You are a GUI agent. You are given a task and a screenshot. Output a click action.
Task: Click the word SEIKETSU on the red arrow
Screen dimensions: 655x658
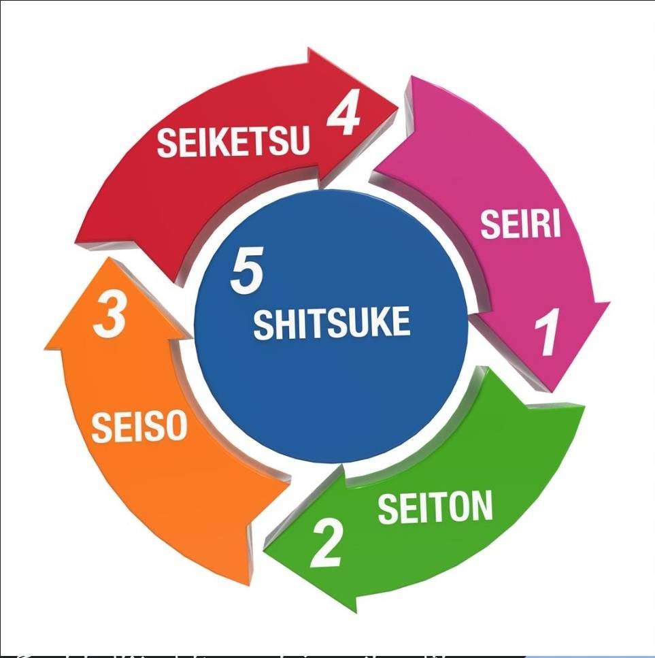[233, 142]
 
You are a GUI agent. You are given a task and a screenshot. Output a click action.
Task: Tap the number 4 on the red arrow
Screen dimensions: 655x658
[343, 112]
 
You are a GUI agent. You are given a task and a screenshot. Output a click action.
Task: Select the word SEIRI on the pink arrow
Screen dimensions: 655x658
[520, 224]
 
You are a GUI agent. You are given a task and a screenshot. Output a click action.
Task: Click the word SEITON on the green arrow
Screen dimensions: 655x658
[435, 508]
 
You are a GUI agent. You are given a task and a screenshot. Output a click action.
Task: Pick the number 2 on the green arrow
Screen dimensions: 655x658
[326, 543]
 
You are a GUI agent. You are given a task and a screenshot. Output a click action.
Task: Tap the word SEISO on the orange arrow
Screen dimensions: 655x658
[139, 427]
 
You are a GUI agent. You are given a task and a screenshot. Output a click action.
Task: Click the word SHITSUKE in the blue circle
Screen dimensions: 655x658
[332, 323]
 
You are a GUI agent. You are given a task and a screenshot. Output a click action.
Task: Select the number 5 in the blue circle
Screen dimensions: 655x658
[247, 270]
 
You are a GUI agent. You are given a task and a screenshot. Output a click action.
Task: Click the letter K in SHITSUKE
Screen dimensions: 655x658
[380, 322]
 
